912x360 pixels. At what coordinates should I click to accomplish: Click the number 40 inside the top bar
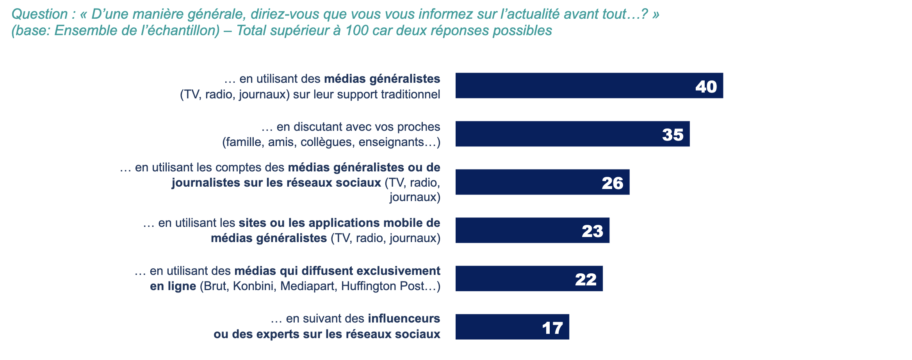[x=706, y=86]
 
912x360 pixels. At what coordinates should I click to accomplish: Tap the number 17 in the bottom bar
[x=552, y=328]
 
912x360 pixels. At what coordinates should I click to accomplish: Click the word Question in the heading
[x=40, y=14]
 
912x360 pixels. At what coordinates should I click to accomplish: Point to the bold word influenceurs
[x=404, y=319]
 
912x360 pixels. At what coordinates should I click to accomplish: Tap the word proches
[x=419, y=127]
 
